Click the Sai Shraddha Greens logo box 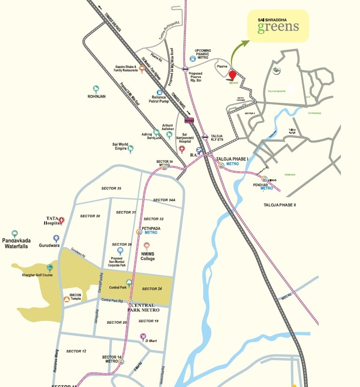(278, 25)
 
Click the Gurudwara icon (56, 238)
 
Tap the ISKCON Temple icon (66, 299)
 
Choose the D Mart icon (143, 336)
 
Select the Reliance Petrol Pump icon (160, 93)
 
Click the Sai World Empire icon (130, 149)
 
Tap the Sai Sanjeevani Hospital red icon (183, 149)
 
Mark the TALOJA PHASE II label (280, 205)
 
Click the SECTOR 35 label (111, 188)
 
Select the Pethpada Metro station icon (139, 232)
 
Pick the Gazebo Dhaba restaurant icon (142, 68)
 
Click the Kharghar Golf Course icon (50, 267)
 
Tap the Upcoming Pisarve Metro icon (192, 59)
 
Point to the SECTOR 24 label (152, 288)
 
